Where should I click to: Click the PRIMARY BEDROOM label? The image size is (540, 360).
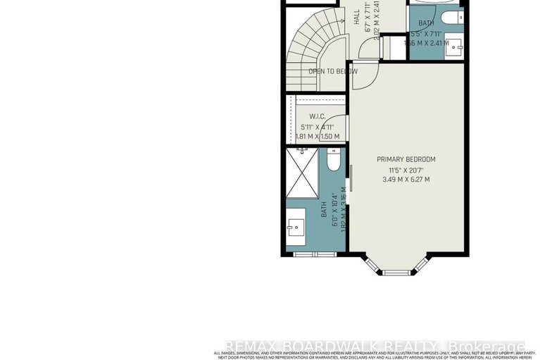click(406, 159)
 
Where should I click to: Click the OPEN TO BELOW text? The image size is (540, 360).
click(332, 71)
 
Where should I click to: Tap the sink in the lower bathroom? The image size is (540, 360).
click(294, 226)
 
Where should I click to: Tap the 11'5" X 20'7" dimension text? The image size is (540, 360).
click(407, 170)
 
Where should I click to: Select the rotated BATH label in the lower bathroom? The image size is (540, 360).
click(325, 209)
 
